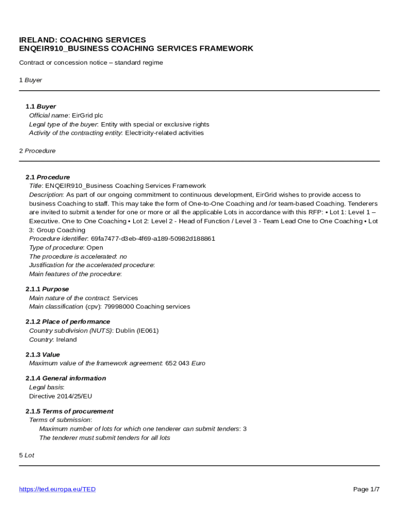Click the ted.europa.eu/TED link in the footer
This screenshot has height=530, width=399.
click(x=58, y=489)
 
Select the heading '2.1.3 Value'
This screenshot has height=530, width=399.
click(x=42, y=355)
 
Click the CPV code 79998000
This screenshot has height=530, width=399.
click(x=119, y=306)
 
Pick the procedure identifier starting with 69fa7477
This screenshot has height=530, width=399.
click(x=153, y=239)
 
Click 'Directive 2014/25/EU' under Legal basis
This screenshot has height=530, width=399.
click(x=61, y=396)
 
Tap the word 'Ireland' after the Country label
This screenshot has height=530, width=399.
click(x=66, y=340)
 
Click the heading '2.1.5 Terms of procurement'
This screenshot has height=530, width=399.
click(x=69, y=411)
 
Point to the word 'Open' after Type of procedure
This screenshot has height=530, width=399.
click(x=95, y=247)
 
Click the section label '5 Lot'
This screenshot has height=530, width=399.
click(x=26, y=455)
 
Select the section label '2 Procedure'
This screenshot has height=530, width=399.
click(x=37, y=151)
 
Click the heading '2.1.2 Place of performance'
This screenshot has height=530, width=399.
click(x=68, y=321)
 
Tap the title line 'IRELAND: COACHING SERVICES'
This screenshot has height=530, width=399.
click(x=82, y=40)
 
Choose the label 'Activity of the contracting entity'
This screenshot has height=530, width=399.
click(x=75, y=133)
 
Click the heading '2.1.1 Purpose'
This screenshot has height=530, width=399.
click(x=47, y=289)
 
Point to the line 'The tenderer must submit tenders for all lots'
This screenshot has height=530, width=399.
click(x=105, y=438)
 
